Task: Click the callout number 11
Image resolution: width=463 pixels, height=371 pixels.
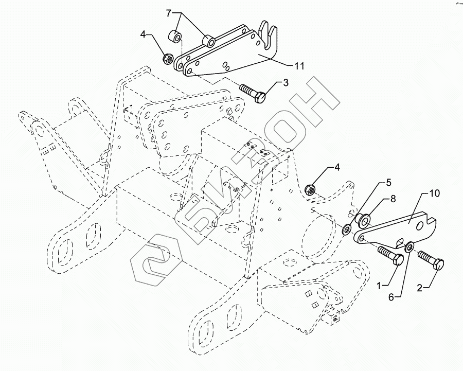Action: (x=299, y=66)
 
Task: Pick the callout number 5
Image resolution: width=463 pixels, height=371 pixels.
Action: (x=389, y=182)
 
